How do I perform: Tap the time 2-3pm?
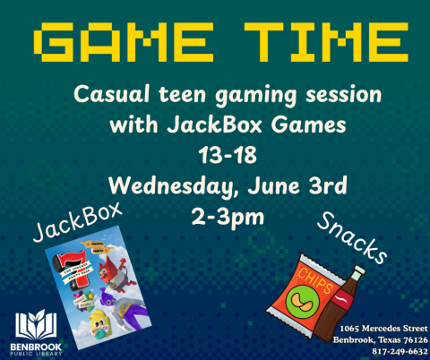216,219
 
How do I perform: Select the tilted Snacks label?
355,241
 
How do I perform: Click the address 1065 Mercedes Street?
377,330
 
